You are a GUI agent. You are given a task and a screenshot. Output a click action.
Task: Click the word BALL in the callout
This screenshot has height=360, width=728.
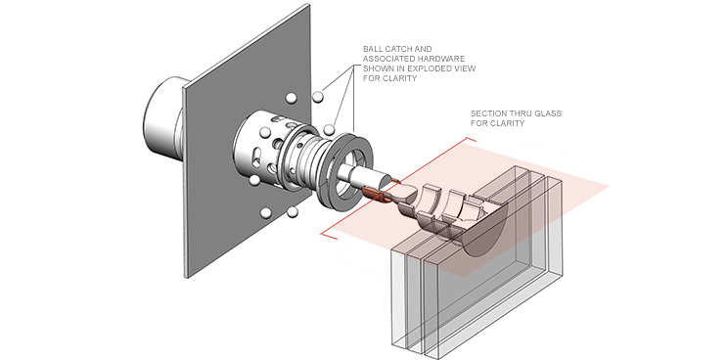(x=372, y=49)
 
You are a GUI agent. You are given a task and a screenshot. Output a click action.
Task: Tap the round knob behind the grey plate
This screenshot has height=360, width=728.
(x=162, y=120)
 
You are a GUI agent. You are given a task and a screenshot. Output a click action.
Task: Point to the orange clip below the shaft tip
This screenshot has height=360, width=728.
(x=377, y=195)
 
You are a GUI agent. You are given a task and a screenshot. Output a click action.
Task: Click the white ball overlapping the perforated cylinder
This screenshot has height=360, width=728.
(x=265, y=132)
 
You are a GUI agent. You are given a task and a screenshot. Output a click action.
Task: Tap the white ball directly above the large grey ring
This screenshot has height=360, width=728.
(x=329, y=129)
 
